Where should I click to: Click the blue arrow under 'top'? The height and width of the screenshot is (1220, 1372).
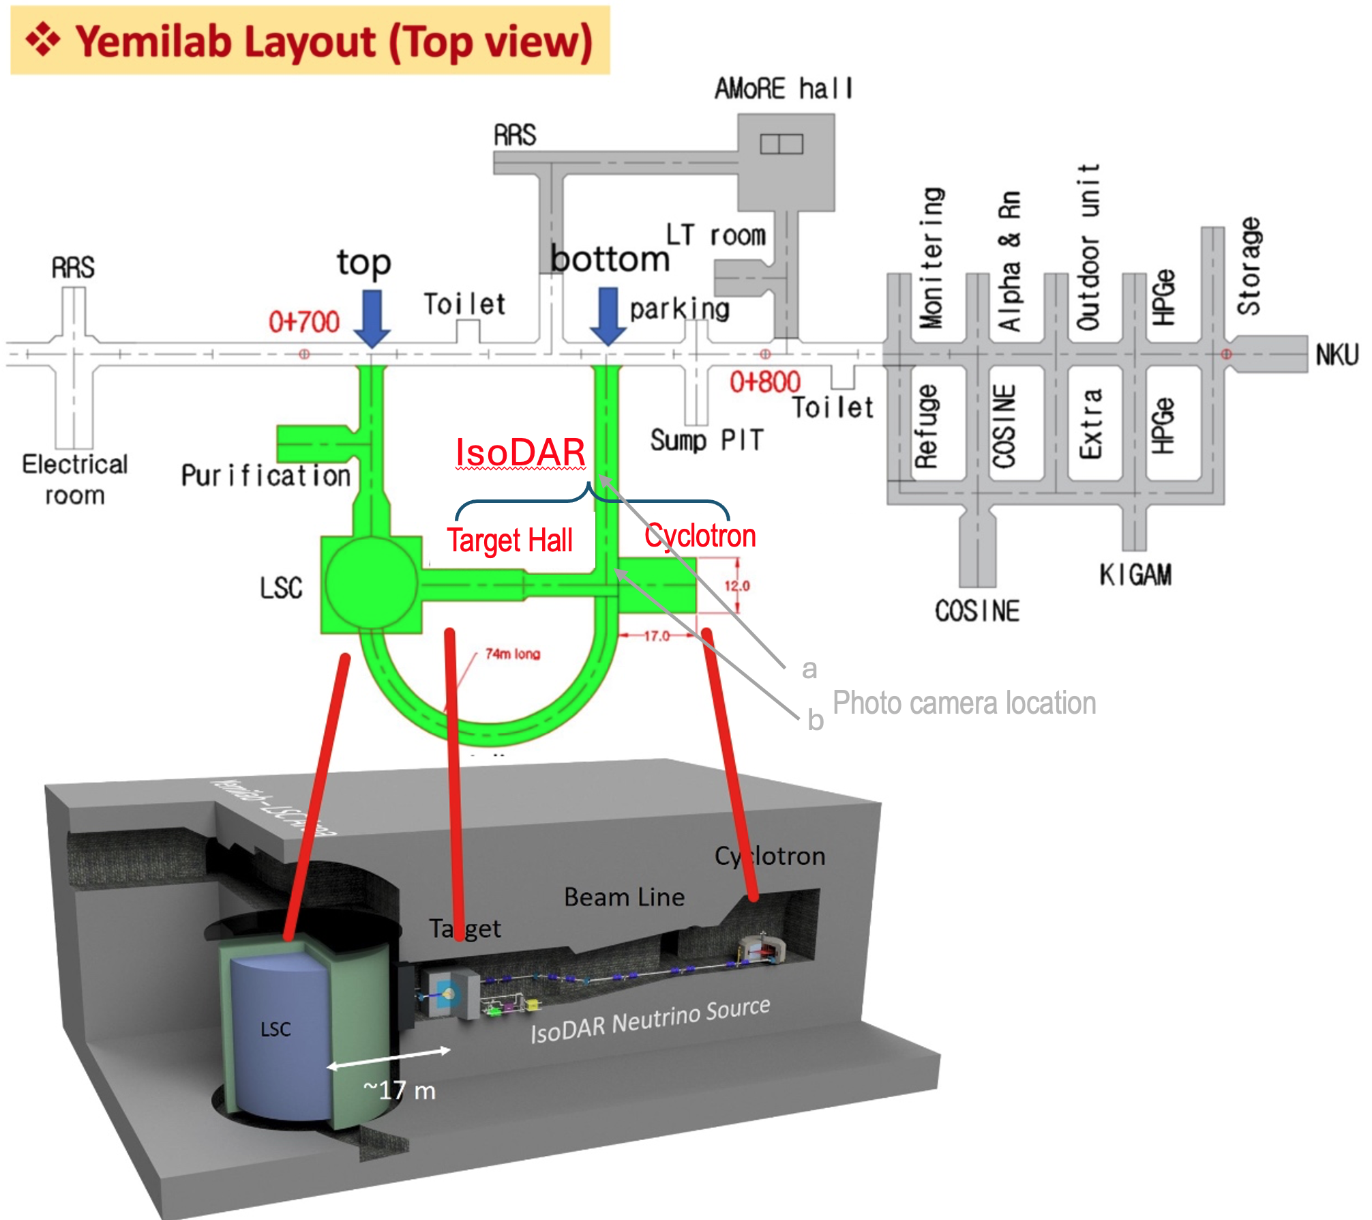point(372,317)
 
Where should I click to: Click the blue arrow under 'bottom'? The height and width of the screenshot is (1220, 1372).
point(608,315)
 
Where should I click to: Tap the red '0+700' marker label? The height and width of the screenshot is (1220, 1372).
point(303,321)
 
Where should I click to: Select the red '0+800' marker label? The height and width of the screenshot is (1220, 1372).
point(764,382)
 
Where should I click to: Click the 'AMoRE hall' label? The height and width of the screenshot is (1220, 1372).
point(783,89)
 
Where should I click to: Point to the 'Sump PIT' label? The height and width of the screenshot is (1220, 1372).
point(706,440)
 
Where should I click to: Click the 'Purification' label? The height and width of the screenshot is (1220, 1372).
point(265,475)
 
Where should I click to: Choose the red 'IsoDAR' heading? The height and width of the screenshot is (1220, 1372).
point(520,452)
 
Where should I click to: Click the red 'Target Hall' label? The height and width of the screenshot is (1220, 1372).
point(510,540)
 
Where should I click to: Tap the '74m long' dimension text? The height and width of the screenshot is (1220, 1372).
point(513,654)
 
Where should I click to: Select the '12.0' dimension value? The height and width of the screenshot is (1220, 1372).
point(736,585)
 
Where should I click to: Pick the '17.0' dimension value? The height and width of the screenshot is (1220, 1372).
point(657,636)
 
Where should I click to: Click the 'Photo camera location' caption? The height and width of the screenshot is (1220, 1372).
point(964,703)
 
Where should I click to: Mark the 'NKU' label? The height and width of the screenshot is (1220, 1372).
point(1337,355)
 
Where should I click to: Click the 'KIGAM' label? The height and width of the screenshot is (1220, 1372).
point(1135,575)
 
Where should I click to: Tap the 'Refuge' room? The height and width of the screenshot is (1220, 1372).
point(926,426)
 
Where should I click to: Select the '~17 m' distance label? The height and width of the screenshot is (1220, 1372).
point(400,1090)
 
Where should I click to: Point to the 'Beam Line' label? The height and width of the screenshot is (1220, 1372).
point(624,897)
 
